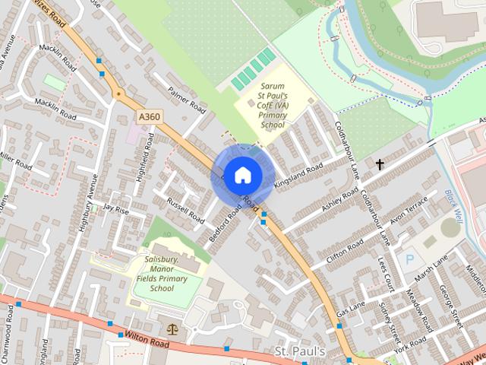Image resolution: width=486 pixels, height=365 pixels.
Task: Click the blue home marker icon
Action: (241, 176)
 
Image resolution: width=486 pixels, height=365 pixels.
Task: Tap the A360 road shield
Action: (150, 116)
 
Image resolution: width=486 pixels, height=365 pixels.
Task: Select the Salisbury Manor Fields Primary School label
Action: (161, 274)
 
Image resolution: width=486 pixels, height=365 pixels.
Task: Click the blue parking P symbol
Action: (409, 259)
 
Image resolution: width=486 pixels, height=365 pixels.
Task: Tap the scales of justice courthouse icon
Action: (172, 329)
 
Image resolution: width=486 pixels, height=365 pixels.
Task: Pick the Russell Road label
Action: (186, 211)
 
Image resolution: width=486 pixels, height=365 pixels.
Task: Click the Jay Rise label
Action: (117, 207)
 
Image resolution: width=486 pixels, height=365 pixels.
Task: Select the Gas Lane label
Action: (351, 307)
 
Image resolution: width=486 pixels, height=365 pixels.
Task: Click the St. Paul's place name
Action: (299, 351)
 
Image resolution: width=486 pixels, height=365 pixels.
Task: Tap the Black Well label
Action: (453, 204)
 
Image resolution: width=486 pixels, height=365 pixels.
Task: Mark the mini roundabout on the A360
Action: (118, 94)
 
